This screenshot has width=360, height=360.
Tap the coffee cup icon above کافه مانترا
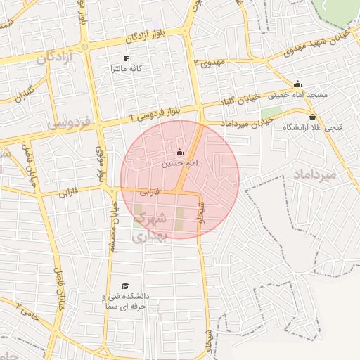[127, 58]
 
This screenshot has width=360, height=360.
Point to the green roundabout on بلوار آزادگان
[84, 46]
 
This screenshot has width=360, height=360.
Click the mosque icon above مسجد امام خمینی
[298, 83]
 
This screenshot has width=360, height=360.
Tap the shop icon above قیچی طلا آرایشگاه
[312, 117]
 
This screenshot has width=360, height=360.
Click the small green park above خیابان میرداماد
[271, 112]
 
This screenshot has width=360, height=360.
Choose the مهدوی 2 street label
[207, 63]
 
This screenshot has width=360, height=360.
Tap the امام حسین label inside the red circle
[176, 162]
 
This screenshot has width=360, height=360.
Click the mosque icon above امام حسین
[179, 152]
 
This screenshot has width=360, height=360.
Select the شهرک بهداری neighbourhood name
[150, 226]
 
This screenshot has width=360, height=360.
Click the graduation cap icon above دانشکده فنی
[125, 285]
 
